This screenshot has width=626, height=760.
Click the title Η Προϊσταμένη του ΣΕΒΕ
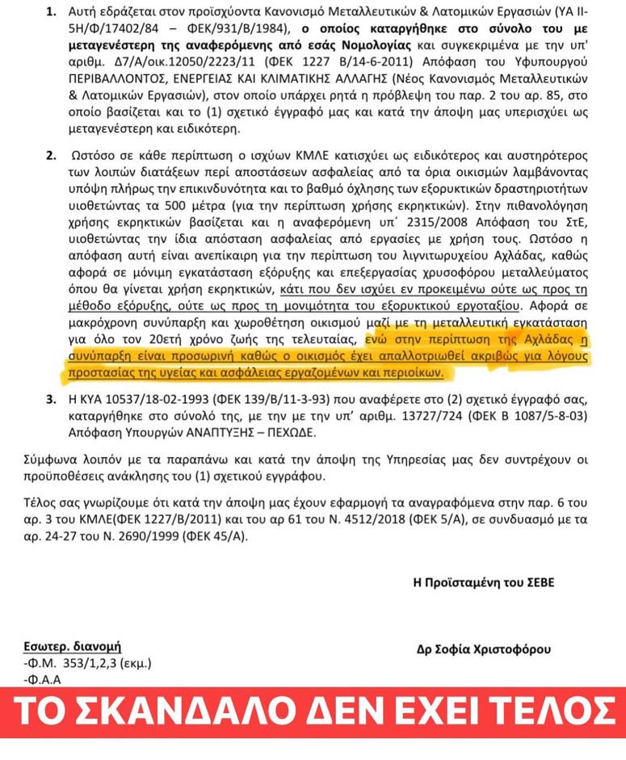484,582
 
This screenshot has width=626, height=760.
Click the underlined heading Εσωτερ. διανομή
72,646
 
